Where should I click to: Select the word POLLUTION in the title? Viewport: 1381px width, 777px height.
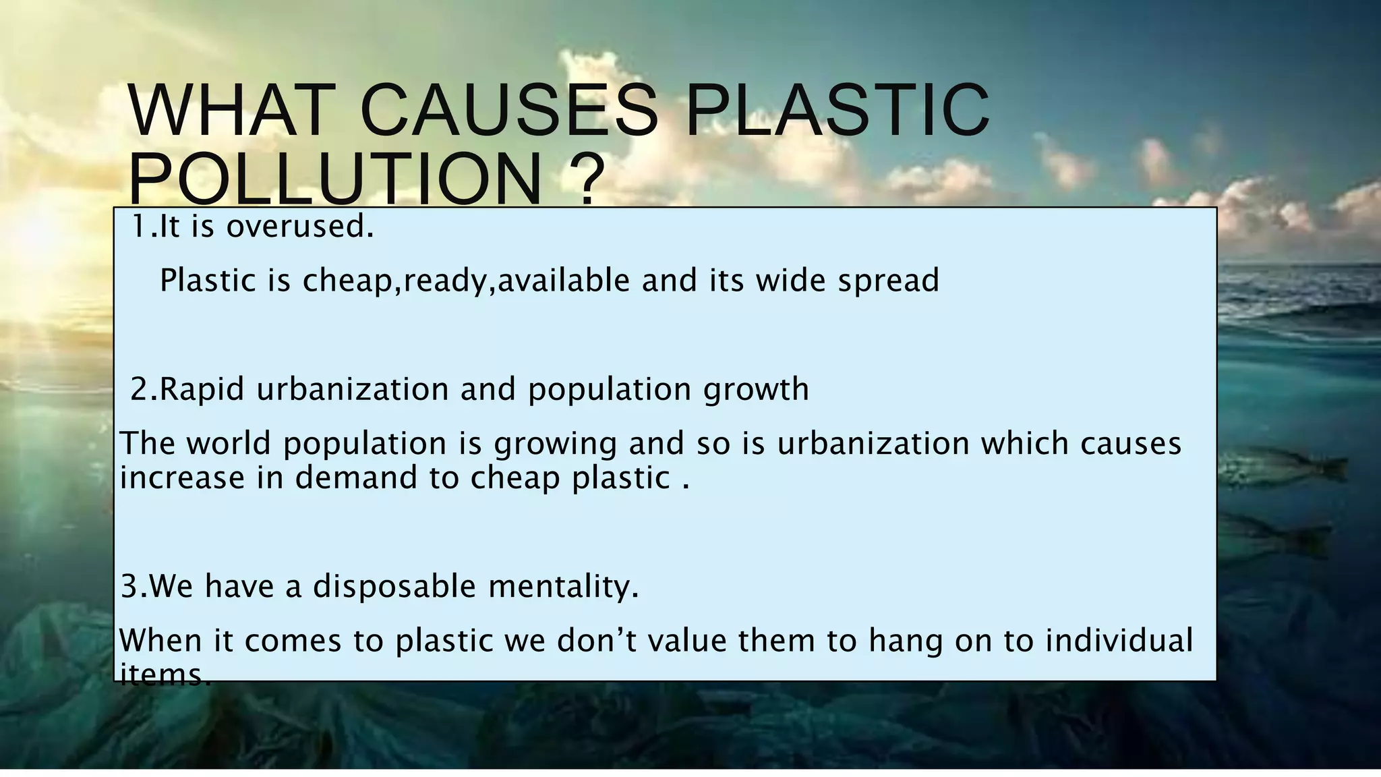coord(334,179)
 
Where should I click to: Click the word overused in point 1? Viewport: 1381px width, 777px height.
coord(299,227)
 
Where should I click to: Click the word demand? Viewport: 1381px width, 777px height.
coord(357,478)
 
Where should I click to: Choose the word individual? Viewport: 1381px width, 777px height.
coord(1119,640)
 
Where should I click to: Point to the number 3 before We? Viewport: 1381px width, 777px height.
coord(129,586)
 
